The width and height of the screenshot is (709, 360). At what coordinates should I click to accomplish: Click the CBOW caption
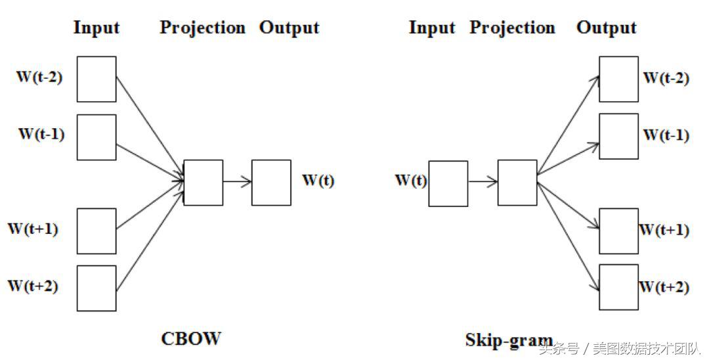coord(191,338)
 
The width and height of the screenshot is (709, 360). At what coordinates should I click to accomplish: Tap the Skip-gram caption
coord(509,340)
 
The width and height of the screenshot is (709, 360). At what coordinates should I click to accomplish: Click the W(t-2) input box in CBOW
coord(97,79)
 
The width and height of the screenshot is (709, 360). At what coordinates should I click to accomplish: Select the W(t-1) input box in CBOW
coord(97,137)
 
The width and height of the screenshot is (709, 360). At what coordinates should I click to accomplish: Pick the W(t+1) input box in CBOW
coord(97,231)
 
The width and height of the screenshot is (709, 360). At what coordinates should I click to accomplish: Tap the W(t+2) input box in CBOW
coord(97,288)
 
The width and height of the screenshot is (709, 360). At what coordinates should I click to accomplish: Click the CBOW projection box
coord(203,182)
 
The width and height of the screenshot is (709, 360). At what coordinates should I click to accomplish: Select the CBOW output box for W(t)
coord(271,182)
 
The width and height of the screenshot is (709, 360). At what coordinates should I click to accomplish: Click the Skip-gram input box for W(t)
coord(448,183)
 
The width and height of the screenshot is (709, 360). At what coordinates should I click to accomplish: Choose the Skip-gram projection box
coord(517,182)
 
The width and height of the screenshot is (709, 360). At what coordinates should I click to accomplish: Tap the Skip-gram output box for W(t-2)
coord(618,79)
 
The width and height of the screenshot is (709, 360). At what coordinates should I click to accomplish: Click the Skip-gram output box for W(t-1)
coord(618,136)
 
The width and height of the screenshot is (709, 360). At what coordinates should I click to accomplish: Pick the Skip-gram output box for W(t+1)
coord(618,231)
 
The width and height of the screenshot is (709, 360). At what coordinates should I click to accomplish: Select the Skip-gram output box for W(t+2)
coord(618,286)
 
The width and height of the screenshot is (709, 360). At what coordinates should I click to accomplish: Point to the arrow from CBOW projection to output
coord(237,182)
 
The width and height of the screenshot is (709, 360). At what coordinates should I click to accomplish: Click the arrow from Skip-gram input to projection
coord(483,183)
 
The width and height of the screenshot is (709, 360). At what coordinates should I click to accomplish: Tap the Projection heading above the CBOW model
coord(202,28)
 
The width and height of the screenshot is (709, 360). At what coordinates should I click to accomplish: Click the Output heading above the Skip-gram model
coord(606,28)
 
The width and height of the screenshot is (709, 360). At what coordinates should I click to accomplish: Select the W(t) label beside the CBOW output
coord(318,181)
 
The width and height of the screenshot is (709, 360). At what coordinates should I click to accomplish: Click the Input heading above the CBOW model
coord(97,28)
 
